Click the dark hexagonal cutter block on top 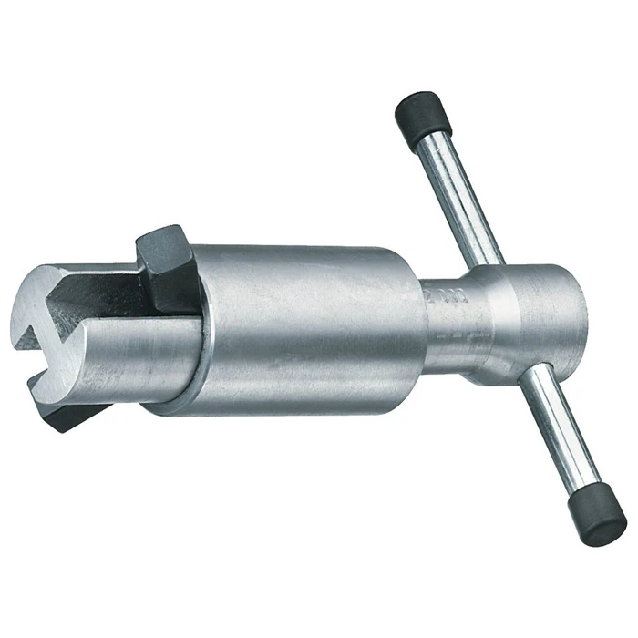point(170,269)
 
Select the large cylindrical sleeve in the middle point(301,328)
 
